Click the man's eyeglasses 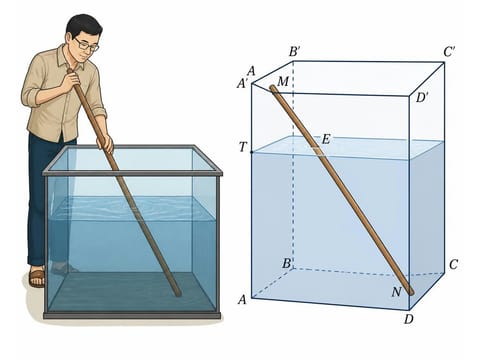[86, 45]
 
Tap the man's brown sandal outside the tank [37, 278]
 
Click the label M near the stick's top [283, 81]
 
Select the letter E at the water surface [326, 139]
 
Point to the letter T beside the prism [243, 147]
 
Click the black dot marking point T [252, 152]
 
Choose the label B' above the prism [295, 52]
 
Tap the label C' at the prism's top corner [449, 52]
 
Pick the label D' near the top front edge [422, 98]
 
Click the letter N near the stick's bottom [396, 292]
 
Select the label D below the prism [408, 319]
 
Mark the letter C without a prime [453, 265]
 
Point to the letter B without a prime [286, 263]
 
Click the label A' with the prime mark [242, 84]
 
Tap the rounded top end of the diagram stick [273, 88]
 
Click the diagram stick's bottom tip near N [411, 293]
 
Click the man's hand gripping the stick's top [72, 78]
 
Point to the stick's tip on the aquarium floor [178, 294]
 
